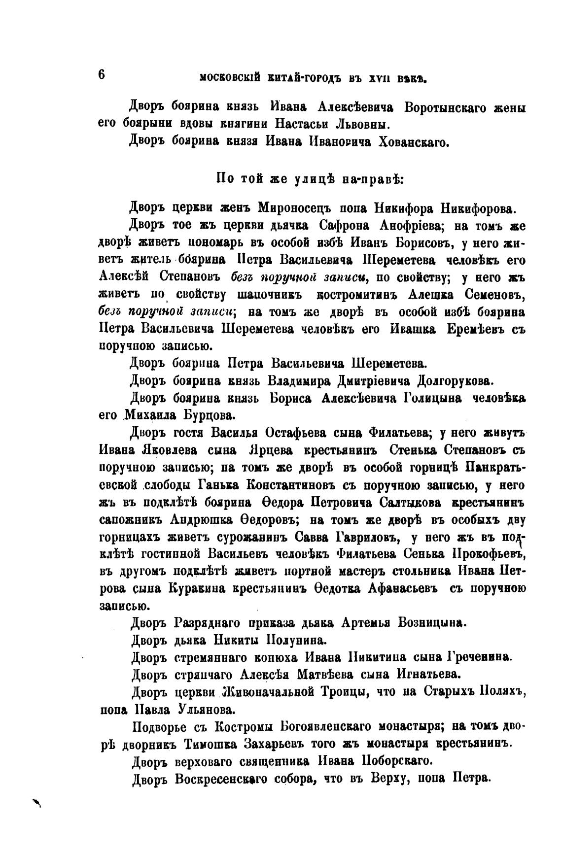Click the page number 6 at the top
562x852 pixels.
click(x=102, y=74)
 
